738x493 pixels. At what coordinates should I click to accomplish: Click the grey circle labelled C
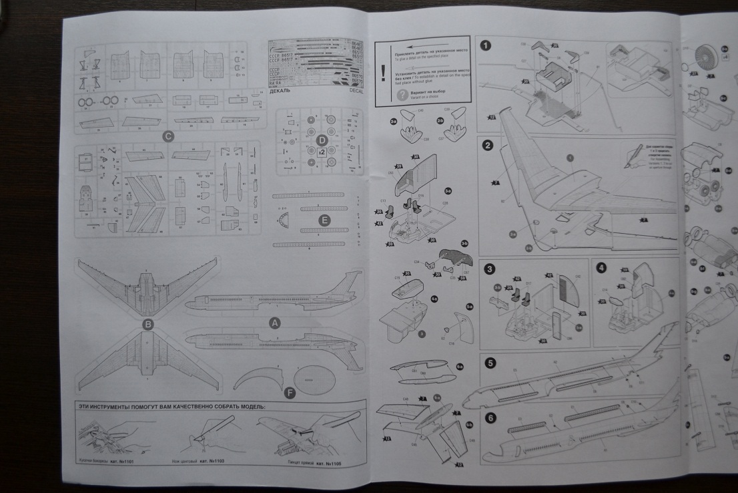[168, 138]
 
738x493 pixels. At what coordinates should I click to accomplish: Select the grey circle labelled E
[325, 218]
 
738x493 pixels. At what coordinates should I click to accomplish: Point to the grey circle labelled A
[273, 323]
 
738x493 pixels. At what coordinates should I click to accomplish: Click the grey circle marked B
[149, 325]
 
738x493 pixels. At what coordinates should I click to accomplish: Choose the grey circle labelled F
[290, 393]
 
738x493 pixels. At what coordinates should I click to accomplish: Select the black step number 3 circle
[490, 269]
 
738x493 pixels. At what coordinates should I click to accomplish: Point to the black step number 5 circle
[490, 363]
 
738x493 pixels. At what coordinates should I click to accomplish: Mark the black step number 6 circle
[490, 418]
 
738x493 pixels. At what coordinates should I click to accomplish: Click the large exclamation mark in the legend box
[383, 73]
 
